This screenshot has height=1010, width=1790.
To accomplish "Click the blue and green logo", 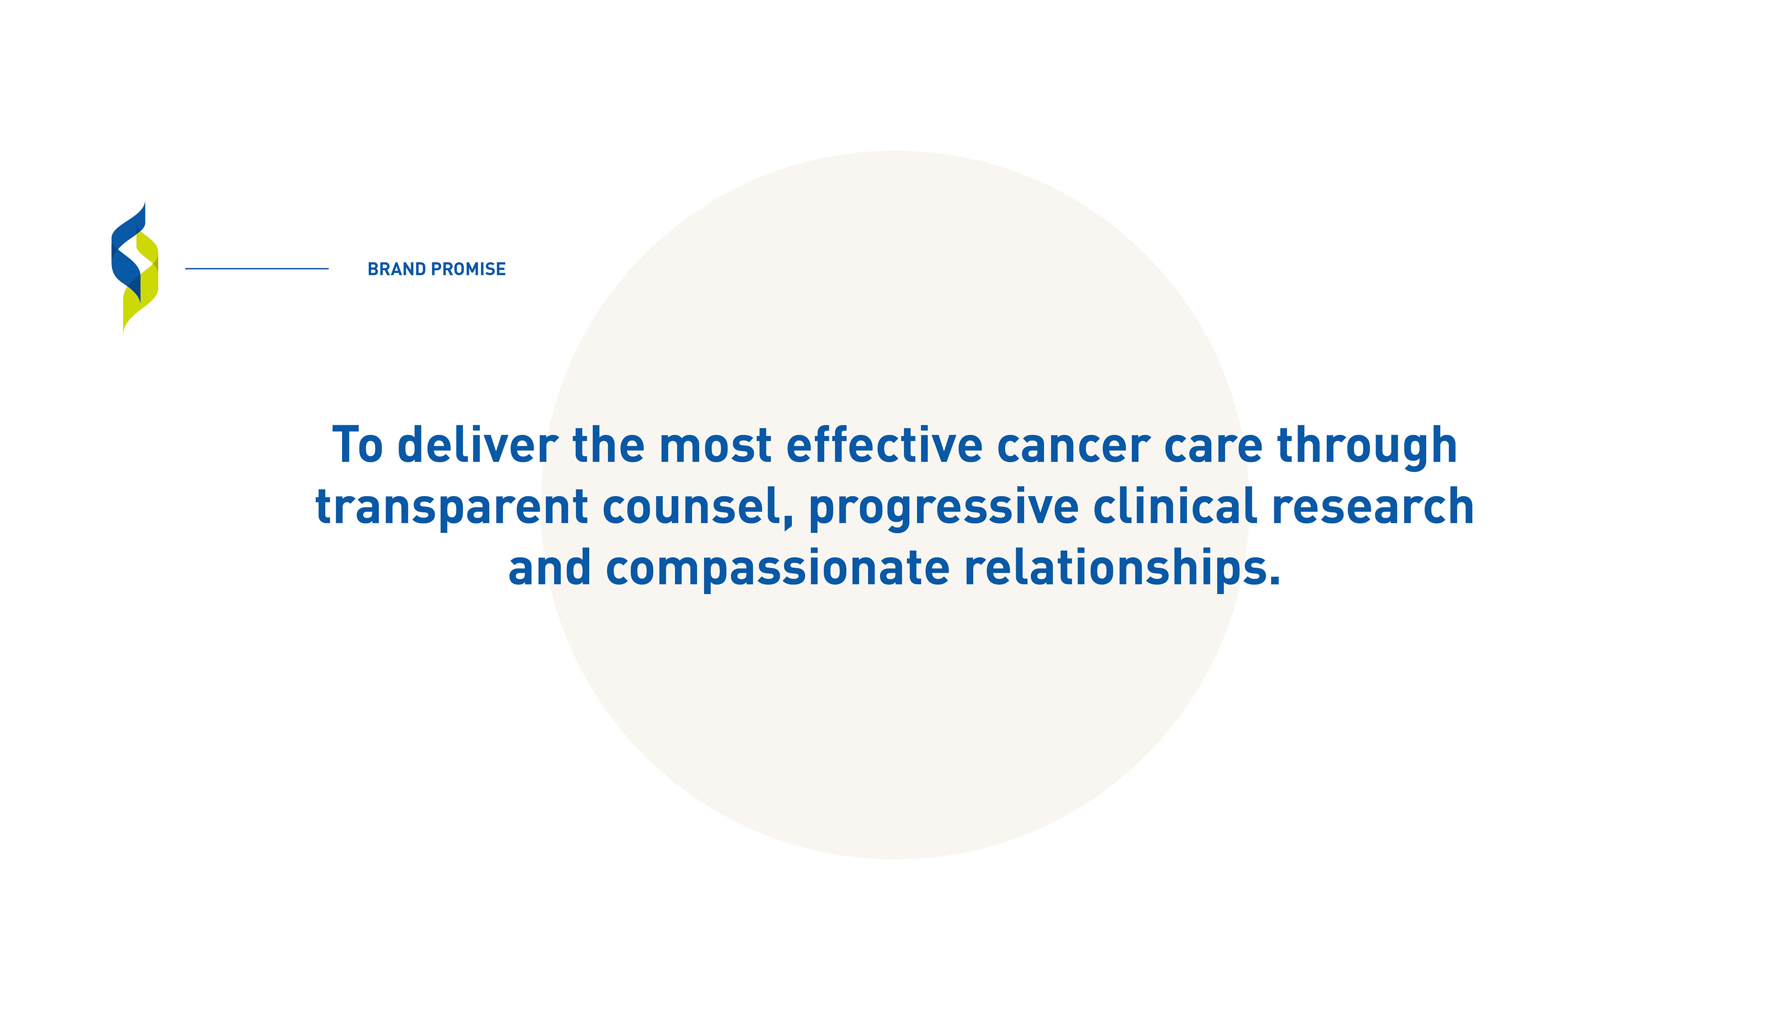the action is coord(135,268).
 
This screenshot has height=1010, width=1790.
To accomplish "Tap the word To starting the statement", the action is coord(357,445).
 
